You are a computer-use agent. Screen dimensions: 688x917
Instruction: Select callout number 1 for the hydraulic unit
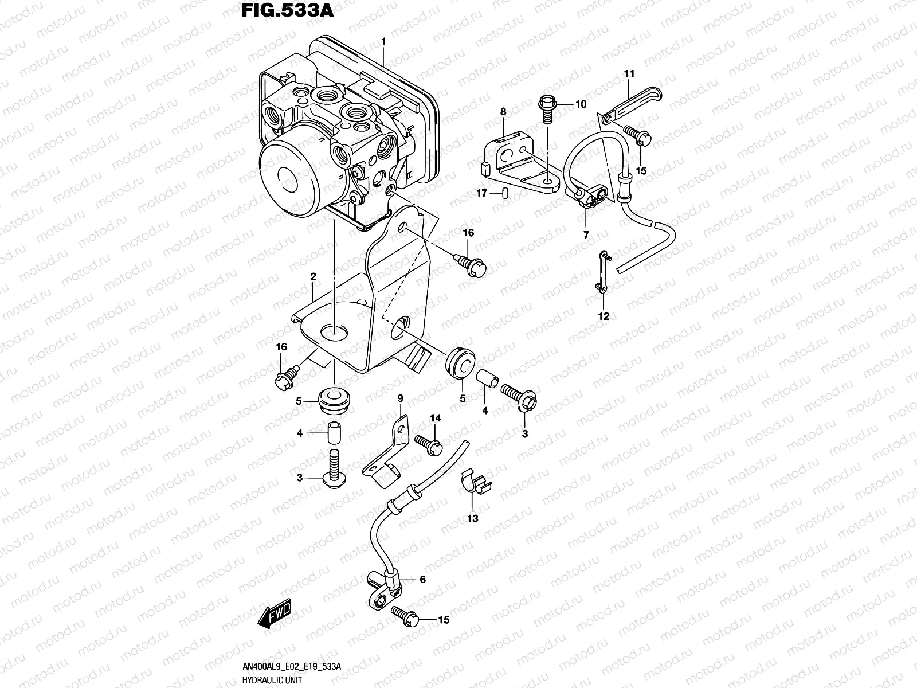pos(383,41)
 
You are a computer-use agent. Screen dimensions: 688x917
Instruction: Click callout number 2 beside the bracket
pos(313,277)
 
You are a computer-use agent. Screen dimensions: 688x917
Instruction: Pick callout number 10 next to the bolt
pos(581,104)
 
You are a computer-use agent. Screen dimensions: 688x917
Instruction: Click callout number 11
pos(629,74)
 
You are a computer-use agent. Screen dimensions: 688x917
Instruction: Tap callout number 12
pos(604,316)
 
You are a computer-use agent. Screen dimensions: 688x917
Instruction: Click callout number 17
pos(482,194)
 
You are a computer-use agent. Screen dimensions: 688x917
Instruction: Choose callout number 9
pos(400,398)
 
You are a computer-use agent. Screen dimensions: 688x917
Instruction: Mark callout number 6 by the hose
pos(422,580)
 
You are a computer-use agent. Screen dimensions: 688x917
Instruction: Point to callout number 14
pos(436,419)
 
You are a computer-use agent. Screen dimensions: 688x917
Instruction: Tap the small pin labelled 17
pos(505,193)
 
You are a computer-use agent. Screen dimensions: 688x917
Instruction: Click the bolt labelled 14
pos(428,444)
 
